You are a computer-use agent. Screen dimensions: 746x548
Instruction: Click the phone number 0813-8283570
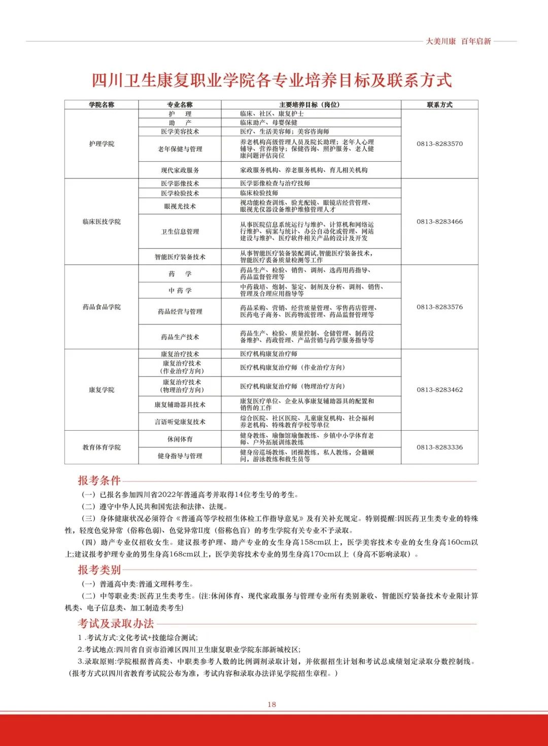[x=439, y=144]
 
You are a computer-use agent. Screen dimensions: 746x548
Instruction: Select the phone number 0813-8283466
[x=439, y=221]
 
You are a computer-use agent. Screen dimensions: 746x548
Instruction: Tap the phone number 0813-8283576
[x=439, y=307]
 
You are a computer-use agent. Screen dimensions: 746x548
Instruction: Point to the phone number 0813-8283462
[x=439, y=390]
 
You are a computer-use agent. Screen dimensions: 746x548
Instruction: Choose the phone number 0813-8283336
[x=439, y=447]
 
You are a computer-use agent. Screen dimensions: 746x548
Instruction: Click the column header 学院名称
[x=101, y=105]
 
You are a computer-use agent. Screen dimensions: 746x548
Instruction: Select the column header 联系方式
[x=439, y=105]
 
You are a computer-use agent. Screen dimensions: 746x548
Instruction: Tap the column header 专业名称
[x=180, y=105]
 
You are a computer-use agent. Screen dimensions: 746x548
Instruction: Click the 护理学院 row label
[x=101, y=144]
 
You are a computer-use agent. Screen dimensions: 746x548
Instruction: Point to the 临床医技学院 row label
[x=101, y=221]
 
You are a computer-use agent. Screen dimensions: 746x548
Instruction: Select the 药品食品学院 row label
[x=101, y=307]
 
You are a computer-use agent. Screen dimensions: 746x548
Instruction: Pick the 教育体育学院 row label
[x=101, y=447]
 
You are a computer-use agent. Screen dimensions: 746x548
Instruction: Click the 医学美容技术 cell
[x=180, y=132]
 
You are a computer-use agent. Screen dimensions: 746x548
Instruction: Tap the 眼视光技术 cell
[x=180, y=206]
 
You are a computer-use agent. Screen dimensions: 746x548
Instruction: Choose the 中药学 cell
[x=180, y=290]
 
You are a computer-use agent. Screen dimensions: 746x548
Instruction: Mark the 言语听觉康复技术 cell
[x=180, y=422]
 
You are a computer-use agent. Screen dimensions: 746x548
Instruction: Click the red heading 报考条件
[x=99, y=480]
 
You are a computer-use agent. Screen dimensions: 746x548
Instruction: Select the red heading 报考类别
[x=99, y=570]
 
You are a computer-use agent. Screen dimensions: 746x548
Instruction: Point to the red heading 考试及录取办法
[x=116, y=623]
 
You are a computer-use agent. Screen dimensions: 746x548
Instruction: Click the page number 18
[x=272, y=704]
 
